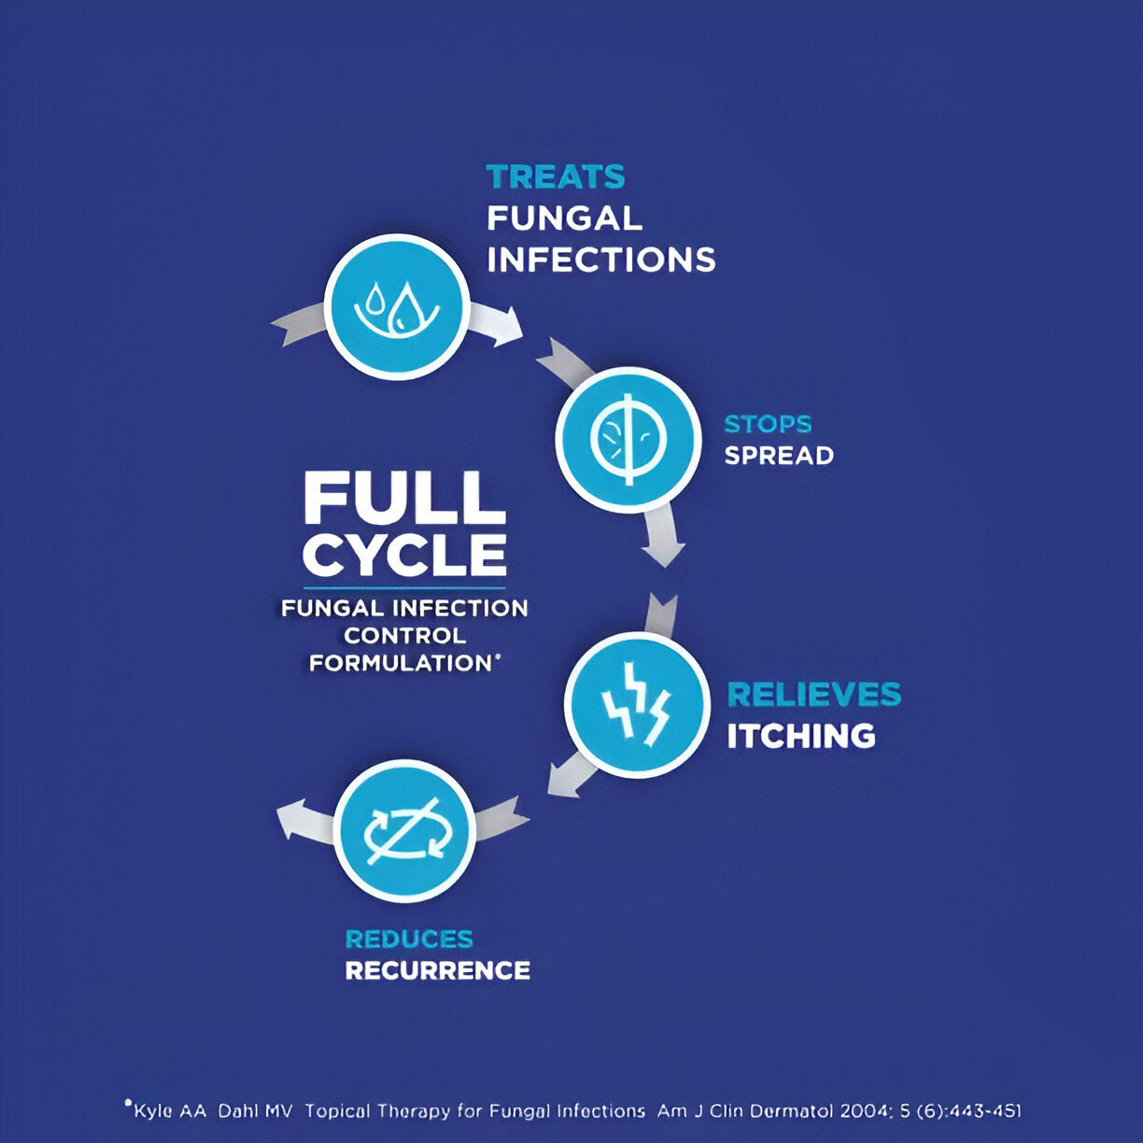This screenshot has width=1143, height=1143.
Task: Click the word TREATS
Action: pos(556,176)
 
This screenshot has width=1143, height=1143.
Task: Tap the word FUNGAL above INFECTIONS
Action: pos(565,219)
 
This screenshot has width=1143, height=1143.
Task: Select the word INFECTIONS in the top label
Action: pos(601,260)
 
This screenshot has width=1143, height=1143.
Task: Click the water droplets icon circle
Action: pos(397,306)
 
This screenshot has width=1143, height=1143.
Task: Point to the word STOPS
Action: pos(768,424)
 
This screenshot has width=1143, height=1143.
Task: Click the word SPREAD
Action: pos(779,456)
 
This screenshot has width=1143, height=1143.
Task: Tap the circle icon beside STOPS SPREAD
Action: pos(628,439)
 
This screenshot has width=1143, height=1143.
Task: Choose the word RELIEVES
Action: pos(813,695)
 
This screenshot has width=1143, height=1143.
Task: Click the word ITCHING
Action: pos(801,736)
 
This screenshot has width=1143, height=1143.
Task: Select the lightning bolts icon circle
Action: pos(637,705)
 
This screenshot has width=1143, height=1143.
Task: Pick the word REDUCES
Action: pos(409,938)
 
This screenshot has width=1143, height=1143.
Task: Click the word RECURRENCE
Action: pos(438,970)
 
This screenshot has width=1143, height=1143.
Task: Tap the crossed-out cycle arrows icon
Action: pos(404,831)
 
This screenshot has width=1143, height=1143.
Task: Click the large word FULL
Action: pos(404,499)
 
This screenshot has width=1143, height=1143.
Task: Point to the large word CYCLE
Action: pos(404,556)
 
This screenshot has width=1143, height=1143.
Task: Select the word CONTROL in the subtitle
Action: pos(404,636)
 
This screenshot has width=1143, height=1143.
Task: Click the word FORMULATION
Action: pos(401,663)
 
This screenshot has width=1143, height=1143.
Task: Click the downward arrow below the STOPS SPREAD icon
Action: pos(663,535)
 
